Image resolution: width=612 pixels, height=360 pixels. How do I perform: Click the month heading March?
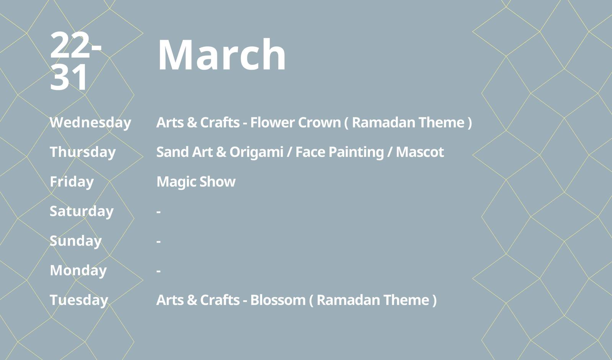coord(221,55)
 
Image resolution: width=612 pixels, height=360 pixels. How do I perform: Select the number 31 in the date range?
coord(68,77)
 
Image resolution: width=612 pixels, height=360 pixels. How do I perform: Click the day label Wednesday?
coord(90,122)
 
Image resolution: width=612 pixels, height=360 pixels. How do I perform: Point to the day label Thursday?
coord(83,152)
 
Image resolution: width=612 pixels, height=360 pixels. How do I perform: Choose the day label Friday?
coord(72,182)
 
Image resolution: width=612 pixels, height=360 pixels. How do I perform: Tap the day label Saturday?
coord(82,211)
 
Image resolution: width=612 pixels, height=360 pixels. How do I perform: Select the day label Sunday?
coord(76,241)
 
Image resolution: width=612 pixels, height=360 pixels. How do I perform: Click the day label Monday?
coord(78,270)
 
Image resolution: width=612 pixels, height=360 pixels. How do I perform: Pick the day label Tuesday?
coord(79,300)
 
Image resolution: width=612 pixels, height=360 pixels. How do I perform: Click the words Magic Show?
coord(196,182)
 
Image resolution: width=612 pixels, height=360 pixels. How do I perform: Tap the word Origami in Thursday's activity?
coord(256,152)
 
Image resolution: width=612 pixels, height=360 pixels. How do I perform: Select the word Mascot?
coord(420,152)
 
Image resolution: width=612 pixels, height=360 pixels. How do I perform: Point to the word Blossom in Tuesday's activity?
coord(278,300)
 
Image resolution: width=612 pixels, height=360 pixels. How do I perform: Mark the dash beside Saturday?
coord(158,212)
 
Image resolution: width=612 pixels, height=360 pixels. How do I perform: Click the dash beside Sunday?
coord(158,241)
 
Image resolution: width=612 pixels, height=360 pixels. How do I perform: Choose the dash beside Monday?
coord(158,271)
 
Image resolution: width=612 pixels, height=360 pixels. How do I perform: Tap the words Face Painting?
coord(340,152)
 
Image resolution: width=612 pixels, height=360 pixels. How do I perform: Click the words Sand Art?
coord(184,152)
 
